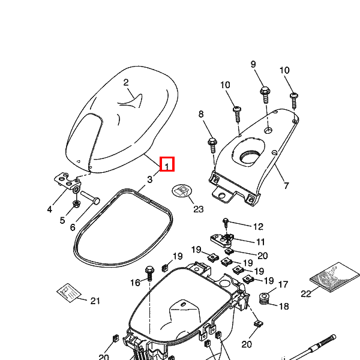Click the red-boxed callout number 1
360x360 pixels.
coord(167,163)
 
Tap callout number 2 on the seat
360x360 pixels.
coord(126,83)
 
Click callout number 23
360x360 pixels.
coord(199,209)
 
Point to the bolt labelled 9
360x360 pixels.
coord(265,91)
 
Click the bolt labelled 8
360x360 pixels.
coord(212,143)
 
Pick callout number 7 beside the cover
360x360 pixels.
coord(286,185)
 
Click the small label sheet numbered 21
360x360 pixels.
coord(68,292)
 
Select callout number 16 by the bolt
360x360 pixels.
coord(135,282)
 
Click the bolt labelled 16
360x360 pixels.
coord(149,269)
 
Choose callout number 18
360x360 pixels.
coord(283,306)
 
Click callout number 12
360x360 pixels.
coord(258,227)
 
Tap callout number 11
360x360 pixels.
coord(260,242)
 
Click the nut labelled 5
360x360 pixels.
coord(76,204)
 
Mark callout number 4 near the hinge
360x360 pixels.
coord(50,209)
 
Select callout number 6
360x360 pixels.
coord(73,227)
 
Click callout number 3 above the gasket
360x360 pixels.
coord(149,179)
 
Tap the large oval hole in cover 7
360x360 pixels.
coord(251,157)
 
